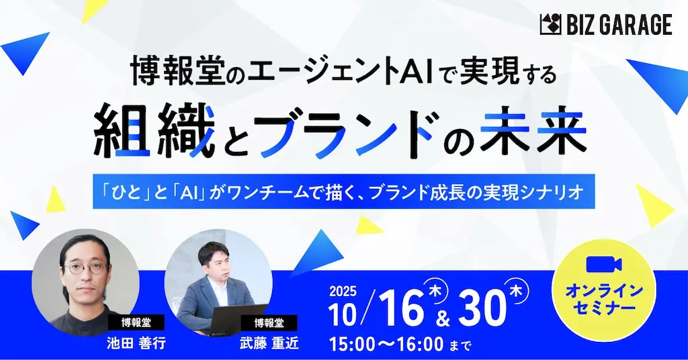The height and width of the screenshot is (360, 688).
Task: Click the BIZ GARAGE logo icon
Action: point(551,26)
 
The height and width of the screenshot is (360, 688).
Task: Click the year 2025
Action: point(343,292)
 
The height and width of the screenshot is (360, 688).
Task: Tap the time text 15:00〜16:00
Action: point(386,345)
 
